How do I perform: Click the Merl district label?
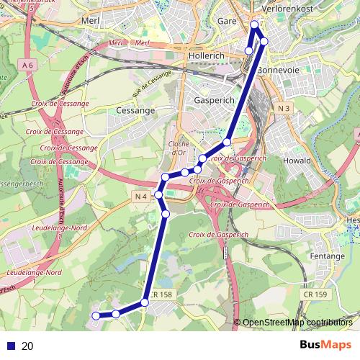click(x=91, y=22)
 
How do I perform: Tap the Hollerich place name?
click(x=206, y=55)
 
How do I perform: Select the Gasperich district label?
click(x=212, y=102)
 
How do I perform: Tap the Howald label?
click(x=297, y=161)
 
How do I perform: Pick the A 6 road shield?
click(x=27, y=65)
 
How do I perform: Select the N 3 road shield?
click(x=283, y=109)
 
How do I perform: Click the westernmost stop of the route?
click(x=96, y=315)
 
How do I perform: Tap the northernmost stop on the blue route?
click(x=254, y=26)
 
